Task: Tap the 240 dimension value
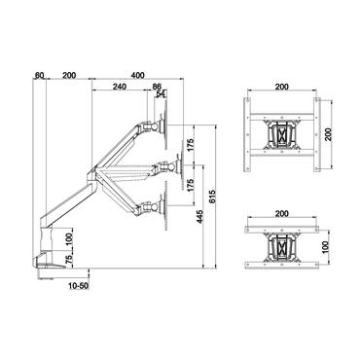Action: (118, 88)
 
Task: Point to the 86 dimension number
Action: (158, 88)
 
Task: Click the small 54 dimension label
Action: (161, 95)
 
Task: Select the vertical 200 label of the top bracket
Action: (329, 133)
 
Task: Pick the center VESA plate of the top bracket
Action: (283, 132)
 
